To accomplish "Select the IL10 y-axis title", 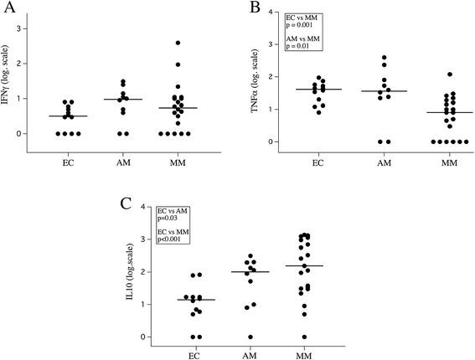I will [x=126, y=272].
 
